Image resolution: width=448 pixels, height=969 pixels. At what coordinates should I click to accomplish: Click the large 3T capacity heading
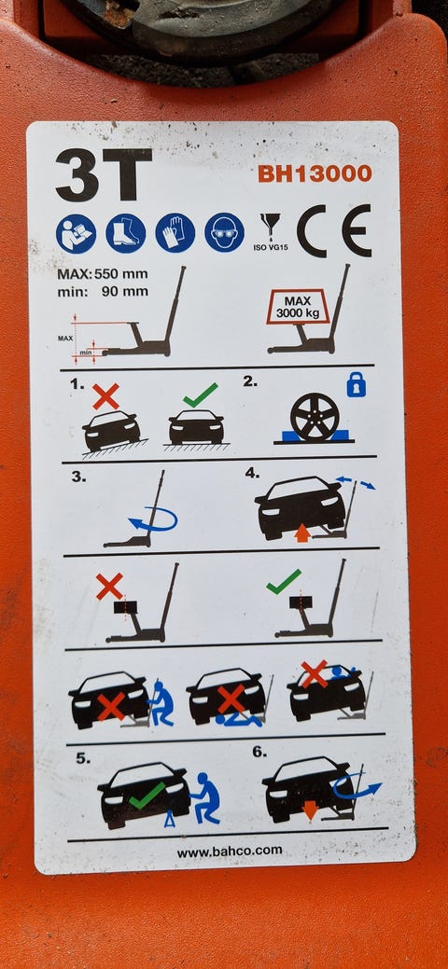tap(104, 174)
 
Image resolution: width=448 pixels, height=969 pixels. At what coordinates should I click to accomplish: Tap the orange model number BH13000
tap(315, 173)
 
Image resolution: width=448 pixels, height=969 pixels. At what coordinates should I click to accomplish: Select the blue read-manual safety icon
tap(77, 233)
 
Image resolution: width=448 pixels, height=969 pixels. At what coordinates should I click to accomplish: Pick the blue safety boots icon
tap(126, 233)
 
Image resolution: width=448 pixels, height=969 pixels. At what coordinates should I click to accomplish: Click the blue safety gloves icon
tap(175, 233)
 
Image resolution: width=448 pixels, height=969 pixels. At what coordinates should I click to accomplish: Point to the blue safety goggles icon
tap(224, 232)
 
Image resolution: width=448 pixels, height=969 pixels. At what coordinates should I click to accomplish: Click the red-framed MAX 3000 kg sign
tap(298, 307)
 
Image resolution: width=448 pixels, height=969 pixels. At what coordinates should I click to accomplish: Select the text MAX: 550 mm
tap(103, 274)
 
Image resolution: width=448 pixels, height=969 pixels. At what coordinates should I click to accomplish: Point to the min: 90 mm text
tap(103, 291)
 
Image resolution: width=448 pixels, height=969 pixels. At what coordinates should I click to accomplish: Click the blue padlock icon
tap(356, 386)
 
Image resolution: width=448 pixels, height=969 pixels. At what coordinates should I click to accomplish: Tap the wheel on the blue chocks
tap(315, 417)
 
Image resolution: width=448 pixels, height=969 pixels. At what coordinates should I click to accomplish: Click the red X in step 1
tap(105, 396)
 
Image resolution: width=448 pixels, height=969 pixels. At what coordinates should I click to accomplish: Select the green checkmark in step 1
tap(200, 395)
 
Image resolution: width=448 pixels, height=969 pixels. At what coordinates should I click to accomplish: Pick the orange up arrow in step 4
tap(302, 533)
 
